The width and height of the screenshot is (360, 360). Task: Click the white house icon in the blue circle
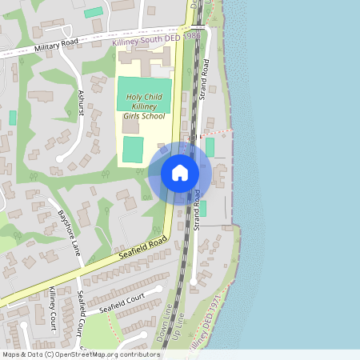pos(180,172)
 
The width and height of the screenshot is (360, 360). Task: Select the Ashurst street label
pos(82,104)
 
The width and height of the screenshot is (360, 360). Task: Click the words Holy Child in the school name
pos(145,98)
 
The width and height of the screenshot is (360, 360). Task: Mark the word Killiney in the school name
pos(145,106)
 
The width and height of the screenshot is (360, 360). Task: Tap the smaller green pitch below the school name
pos(133,149)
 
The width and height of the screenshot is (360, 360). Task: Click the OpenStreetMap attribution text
pos(81,354)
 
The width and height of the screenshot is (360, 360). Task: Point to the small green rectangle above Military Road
pos(94,13)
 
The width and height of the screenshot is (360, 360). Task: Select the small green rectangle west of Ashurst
pos(13,118)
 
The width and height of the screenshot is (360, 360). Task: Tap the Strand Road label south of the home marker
pos(196,210)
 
